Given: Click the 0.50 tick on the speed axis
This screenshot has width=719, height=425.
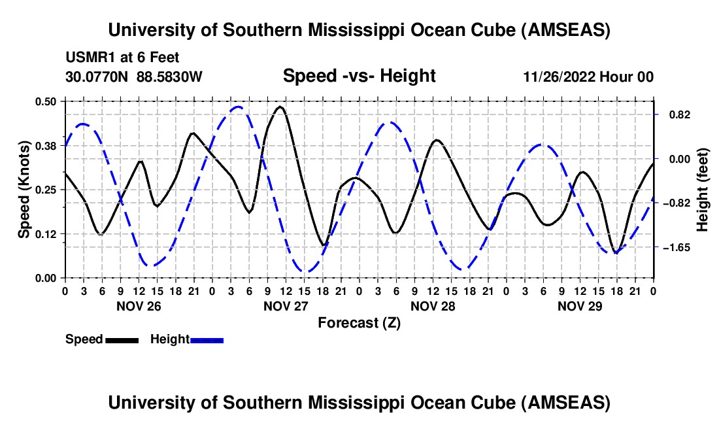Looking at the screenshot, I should [48, 101].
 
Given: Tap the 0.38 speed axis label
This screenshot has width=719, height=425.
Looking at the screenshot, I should [48, 145].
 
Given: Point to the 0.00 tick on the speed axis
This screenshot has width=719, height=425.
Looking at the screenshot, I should [48, 278].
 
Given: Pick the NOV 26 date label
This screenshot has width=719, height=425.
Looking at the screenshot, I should [139, 305].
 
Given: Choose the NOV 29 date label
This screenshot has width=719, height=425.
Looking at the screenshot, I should [579, 305].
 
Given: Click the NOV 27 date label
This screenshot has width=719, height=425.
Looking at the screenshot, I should [286, 305].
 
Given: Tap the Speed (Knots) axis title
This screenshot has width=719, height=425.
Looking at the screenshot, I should [24, 190].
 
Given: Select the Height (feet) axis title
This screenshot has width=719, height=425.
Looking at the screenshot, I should [702, 190].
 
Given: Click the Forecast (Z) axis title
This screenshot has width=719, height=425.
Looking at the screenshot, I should [359, 322].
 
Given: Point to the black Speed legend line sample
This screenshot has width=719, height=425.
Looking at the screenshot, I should [122, 339].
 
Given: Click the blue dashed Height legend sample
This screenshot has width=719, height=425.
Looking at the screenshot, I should [207, 339].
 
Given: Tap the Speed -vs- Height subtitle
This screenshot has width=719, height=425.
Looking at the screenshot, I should [359, 76].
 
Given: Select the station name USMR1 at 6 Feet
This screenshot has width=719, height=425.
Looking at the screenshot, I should [122, 58].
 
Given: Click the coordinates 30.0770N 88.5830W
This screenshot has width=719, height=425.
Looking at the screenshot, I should [134, 76].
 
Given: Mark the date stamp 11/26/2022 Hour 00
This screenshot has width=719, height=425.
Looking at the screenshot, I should [588, 77].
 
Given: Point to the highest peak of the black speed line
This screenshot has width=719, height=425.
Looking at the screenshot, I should [280, 107].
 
